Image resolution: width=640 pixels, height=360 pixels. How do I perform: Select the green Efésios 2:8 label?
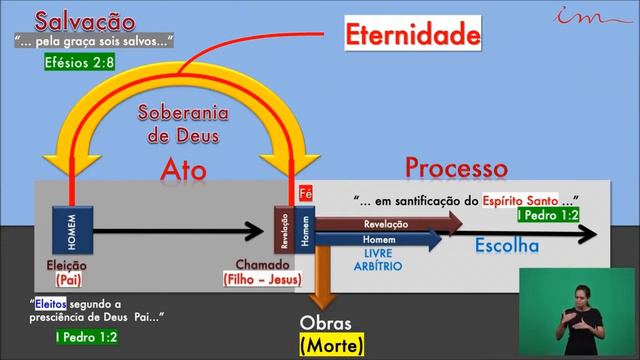click(79, 62)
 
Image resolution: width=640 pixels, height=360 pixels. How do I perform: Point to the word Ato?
click(183, 170)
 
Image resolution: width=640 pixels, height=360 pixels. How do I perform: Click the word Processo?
click(453, 167)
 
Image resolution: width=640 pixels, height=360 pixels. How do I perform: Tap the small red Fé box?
click(307, 194)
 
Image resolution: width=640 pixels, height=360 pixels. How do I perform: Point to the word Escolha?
click(506, 246)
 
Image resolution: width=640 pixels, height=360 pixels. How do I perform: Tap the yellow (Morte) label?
click(332, 346)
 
